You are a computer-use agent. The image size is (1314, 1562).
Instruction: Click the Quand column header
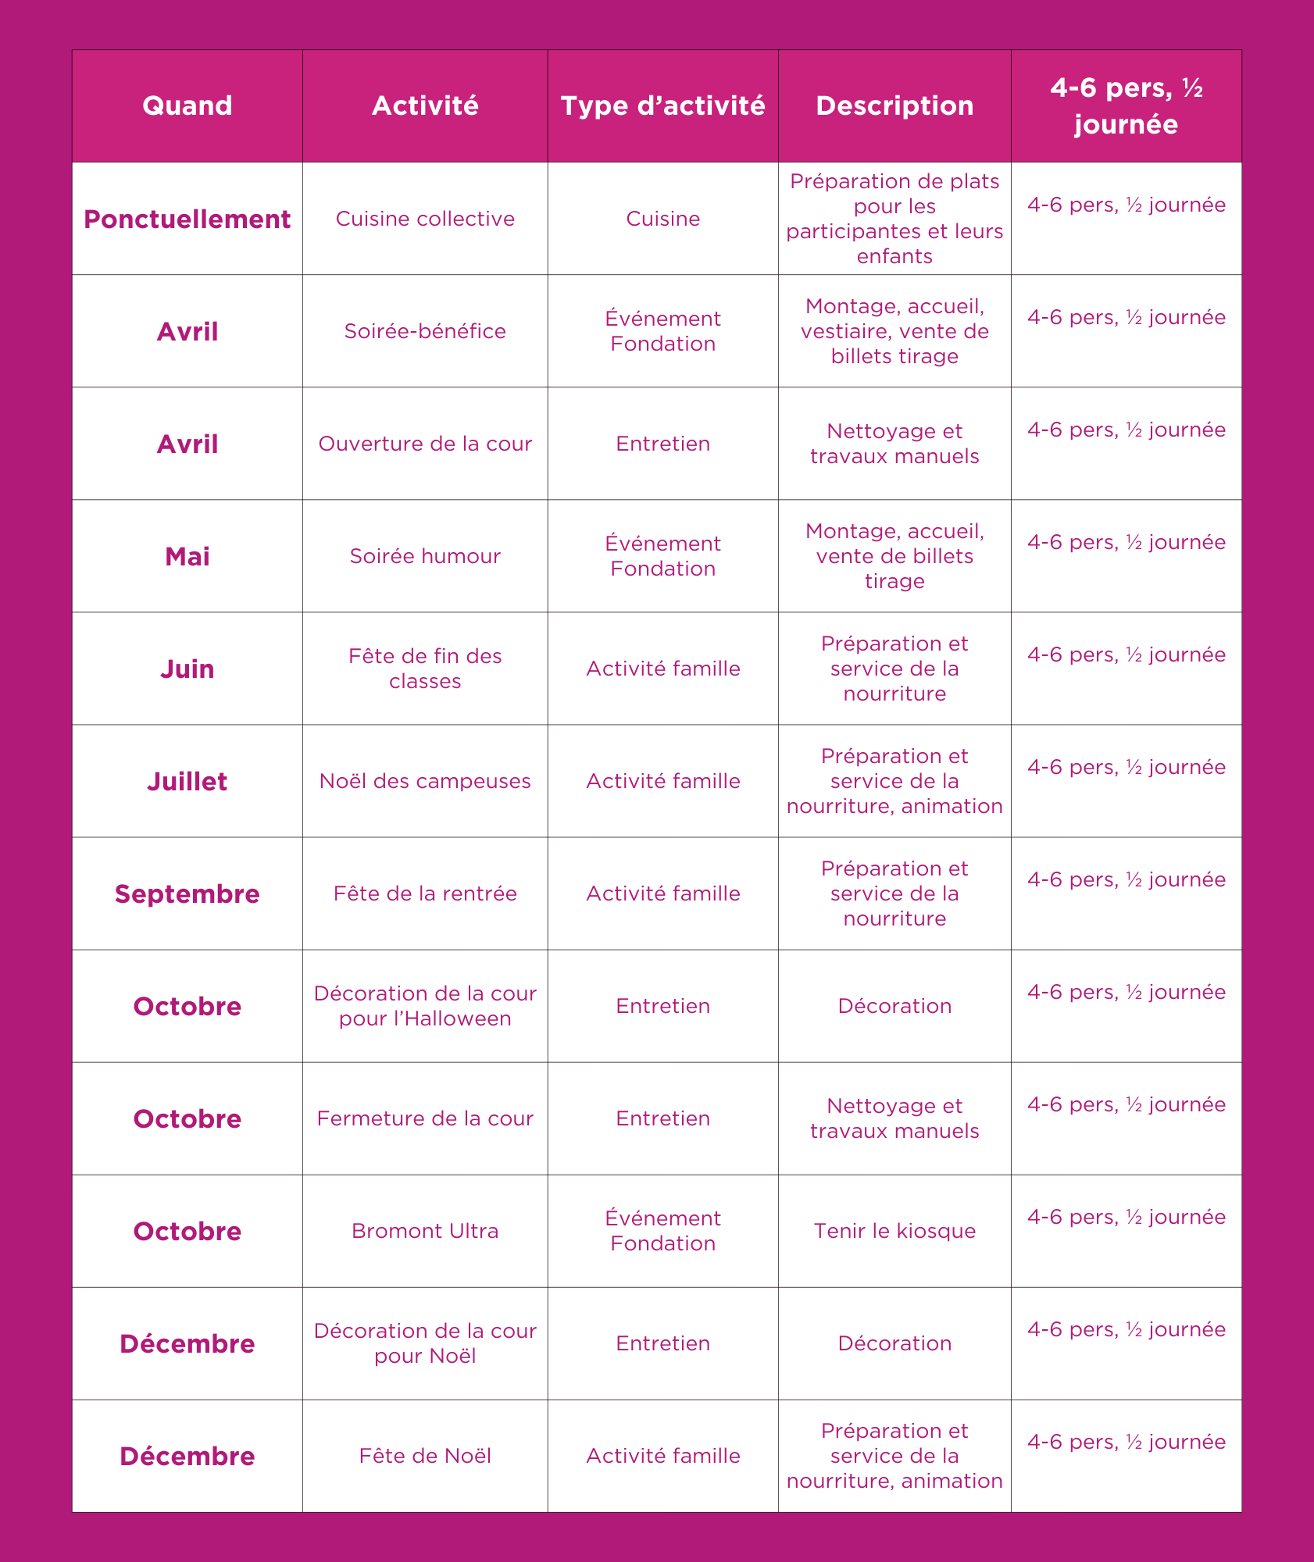pyautogui.click(x=187, y=105)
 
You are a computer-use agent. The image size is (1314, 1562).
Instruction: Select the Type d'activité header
pyautogui.click(x=662, y=105)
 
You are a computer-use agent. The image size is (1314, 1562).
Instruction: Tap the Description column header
pyautogui.click(x=894, y=105)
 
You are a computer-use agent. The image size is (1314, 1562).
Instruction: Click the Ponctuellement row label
pyautogui.click(x=187, y=219)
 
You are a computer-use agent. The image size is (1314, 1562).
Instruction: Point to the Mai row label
pyautogui.click(x=187, y=557)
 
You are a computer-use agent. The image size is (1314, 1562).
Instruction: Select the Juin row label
pyautogui.click(x=187, y=669)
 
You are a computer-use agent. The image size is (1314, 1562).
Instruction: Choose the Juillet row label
pyautogui.click(x=187, y=782)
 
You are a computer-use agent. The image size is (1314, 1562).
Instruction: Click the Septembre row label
pyautogui.click(x=187, y=894)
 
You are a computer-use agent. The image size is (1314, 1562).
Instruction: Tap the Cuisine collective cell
pyautogui.click(x=425, y=219)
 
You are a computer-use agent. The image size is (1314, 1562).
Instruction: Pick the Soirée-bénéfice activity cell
pyautogui.click(x=425, y=331)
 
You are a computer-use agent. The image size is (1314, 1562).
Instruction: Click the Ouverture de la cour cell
pyautogui.click(x=425, y=444)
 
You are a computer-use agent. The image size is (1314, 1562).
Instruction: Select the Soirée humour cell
pyautogui.click(x=425, y=556)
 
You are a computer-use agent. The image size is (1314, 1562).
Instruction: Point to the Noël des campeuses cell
pyautogui.click(x=425, y=781)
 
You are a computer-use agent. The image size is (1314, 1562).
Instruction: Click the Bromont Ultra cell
pyautogui.click(x=425, y=1231)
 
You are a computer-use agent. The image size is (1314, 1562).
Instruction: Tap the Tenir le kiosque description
pyautogui.click(x=894, y=1231)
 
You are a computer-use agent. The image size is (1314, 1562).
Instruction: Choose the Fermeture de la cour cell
pyautogui.click(x=425, y=1118)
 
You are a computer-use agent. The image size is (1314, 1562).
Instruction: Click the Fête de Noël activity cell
pyautogui.click(x=425, y=1456)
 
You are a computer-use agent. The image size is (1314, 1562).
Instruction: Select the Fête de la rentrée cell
pyautogui.click(x=425, y=893)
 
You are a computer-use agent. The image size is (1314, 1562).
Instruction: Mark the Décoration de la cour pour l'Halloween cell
pyautogui.click(x=425, y=1006)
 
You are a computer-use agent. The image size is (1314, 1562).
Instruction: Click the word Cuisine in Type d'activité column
pyautogui.click(x=662, y=219)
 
